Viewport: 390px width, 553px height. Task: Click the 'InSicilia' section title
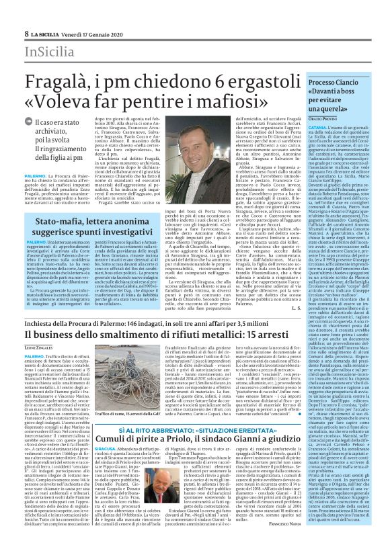(x=49, y=53)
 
